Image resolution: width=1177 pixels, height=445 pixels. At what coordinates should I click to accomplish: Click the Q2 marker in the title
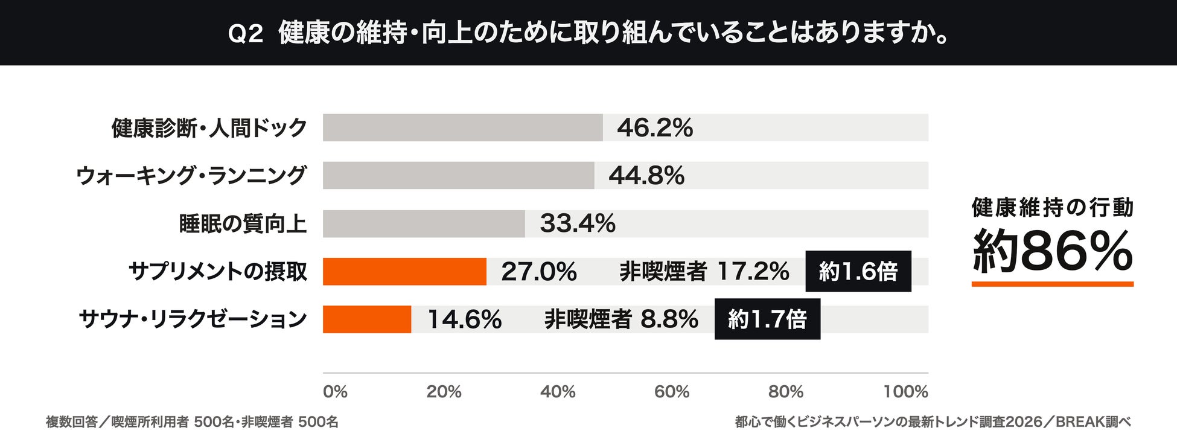pyautogui.click(x=246, y=34)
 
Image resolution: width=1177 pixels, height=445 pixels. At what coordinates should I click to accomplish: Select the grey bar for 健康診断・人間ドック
pyautogui.click(x=462, y=127)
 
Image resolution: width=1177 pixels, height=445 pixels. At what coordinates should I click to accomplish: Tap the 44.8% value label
pyautogui.click(x=646, y=176)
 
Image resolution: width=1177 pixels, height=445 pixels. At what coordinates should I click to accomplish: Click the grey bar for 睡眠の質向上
pyautogui.click(x=424, y=223)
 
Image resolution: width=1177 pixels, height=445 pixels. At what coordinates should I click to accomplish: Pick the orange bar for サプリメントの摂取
pyautogui.click(x=404, y=271)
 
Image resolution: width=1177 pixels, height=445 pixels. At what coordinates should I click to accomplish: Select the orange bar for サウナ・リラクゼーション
pyautogui.click(x=367, y=319)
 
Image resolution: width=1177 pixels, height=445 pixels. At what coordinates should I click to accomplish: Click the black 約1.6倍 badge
pyautogui.click(x=858, y=271)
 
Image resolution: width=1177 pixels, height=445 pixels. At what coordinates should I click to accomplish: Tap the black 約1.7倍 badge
pyautogui.click(x=767, y=319)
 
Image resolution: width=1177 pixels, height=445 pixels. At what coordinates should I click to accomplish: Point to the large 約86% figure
pyautogui.click(x=1053, y=251)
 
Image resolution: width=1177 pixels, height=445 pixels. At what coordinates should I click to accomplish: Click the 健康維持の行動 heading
pyautogui.click(x=1053, y=207)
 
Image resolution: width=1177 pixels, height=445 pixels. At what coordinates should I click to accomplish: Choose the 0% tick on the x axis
pyautogui.click(x=335, y=392)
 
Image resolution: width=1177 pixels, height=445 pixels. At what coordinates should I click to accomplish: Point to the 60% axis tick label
pyautogui.click(x=672, y=392)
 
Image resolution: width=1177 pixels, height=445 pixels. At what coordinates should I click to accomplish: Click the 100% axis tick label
pyautogui.click(x=906, y=392)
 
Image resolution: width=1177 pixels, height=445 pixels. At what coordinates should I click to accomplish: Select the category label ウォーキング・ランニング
pyautogui.click(x=191, y=176)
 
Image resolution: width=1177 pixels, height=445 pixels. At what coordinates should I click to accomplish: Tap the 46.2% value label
pyautogui.click(x=655, y=128)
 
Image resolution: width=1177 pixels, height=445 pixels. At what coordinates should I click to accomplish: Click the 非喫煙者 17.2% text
pyautogui.click(x=704, y=272)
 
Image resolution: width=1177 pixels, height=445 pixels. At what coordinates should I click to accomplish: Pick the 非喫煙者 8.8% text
pyautogui.click(x=622, y=319)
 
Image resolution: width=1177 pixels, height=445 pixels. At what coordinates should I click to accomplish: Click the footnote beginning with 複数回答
pyautogui.click(x=192, y=422)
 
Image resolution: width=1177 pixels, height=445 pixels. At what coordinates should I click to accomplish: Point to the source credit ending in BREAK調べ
pyautogui.click(x=933, y=422)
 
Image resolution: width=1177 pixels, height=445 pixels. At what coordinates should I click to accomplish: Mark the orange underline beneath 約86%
pyautogui.click(x=1053, y=284)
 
